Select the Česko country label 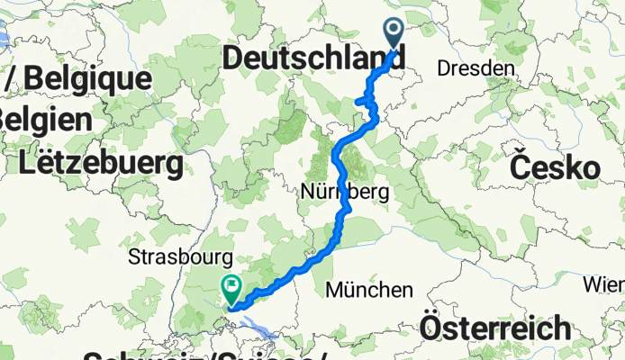point(555,167)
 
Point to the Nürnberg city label point(345,193)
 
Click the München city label point(369,290)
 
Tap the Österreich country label point(507,327)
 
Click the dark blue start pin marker point(394,34)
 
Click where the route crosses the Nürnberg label point(343,192)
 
